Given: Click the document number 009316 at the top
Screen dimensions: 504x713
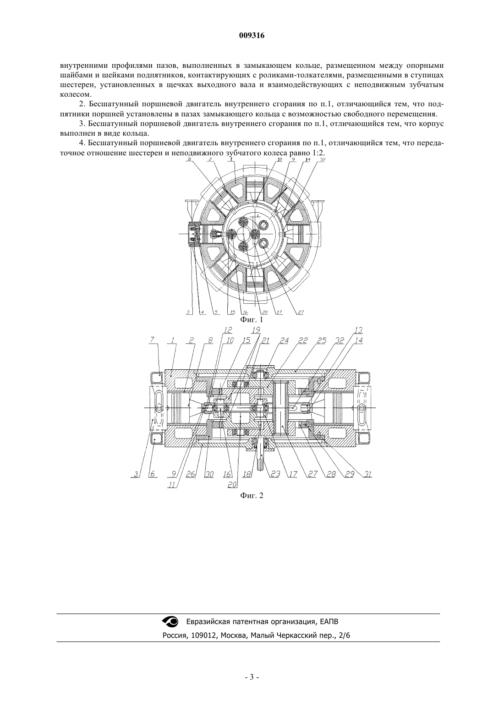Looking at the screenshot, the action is (x=252, y=36).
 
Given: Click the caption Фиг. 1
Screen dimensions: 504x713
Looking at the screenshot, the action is (x=252, y=319).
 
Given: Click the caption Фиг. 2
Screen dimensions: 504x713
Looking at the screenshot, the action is (x=252, y=496).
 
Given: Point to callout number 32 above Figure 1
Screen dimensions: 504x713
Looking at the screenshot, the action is (x=322, y=160).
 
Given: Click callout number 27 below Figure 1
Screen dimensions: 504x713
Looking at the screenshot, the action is (x=301, y=313).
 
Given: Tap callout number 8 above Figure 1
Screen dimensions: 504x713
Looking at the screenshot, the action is (x=189, y=160).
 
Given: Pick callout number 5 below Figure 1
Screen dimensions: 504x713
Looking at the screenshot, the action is (x=216, y=313).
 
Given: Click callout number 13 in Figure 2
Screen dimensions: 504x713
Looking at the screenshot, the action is (x=359, y=330).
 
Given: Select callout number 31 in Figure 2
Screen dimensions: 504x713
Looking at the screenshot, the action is (x=368, y=474).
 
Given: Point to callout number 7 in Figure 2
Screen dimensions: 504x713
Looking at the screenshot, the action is (x=153, y=340).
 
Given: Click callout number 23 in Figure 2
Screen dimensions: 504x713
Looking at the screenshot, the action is (x=275, y=474).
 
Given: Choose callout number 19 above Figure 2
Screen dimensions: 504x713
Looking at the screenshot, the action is (x=256, y=330).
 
